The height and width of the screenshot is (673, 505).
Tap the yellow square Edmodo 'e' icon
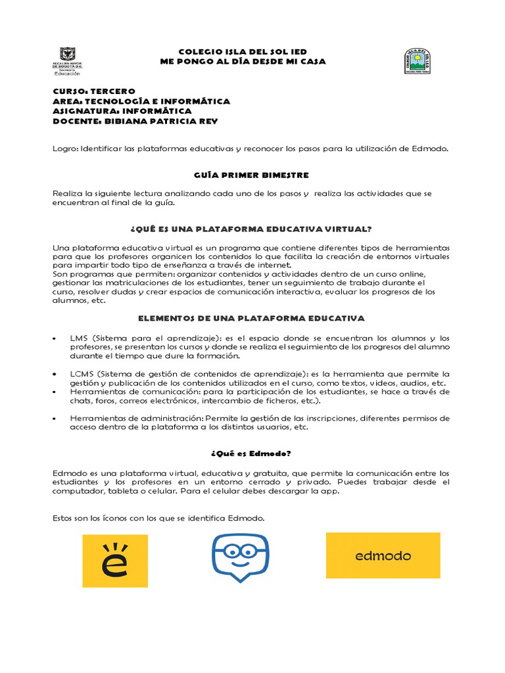115,561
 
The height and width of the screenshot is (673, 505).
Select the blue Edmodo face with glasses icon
241,557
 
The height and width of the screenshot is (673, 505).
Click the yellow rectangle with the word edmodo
383,555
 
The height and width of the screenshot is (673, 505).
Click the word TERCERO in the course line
114,91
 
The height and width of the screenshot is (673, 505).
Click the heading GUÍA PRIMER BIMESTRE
242,175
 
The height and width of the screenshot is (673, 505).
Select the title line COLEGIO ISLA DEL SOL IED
243,51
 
